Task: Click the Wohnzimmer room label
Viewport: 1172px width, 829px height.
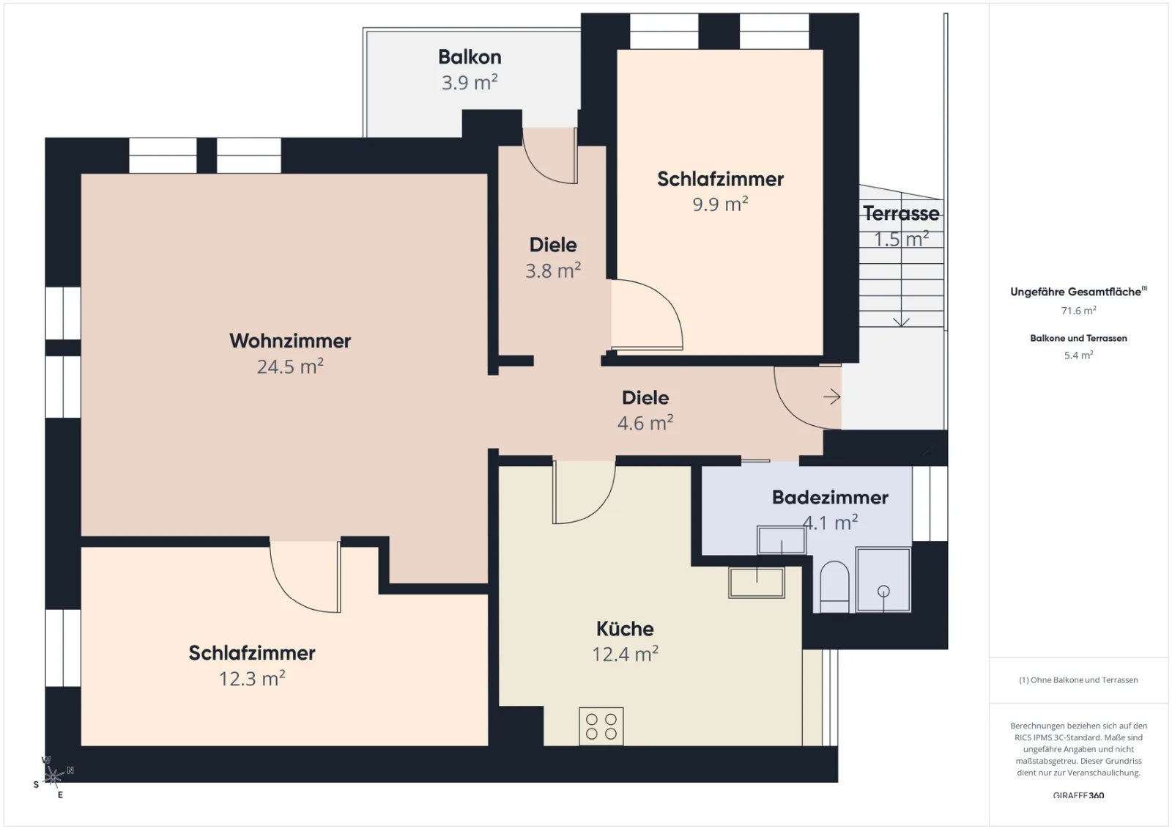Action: (x=290, y=341)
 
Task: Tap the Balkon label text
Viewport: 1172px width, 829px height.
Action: (x=470, y=57)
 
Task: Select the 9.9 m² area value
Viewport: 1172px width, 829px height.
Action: (x=721, y=204)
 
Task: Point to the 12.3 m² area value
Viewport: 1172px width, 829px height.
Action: (x=252, y=678)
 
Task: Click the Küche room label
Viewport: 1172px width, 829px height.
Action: (x=626, y=628)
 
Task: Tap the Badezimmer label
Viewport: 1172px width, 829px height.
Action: (x=830, y=498)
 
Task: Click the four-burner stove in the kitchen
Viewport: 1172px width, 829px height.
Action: (x=601, y=726)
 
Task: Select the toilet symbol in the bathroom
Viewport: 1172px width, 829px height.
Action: (x=834, y=586)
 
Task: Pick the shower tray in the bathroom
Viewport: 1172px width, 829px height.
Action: (x=883, y=580)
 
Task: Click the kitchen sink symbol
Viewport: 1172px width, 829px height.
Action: (x=757, y=582)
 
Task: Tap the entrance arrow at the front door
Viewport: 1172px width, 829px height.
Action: (x=832, y=397)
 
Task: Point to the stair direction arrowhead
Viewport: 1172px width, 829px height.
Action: (x=901, y=322)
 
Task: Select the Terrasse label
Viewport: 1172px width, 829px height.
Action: (x=901, y=213)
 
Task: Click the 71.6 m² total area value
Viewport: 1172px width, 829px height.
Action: (x=1078, y=311)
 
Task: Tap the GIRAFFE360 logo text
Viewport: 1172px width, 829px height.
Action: (x=1078, y=795)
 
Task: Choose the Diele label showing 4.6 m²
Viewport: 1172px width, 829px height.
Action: (x=645, y=398)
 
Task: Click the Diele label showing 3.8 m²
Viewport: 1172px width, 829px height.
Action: (x=553, y=245)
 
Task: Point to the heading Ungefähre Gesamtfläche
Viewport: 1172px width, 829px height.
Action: (x=1078, y=292)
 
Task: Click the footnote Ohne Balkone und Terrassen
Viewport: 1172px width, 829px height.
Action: (x=1078, y=679)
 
